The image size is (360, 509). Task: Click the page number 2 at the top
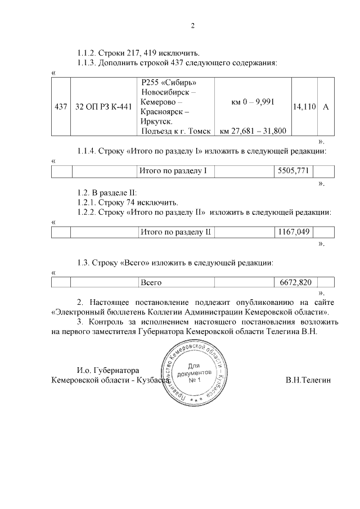pyautogui.click(x=192, y=26)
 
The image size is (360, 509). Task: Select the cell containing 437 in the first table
pyautogui.click(x=60, y=107)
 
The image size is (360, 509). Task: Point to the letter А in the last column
pyautogui.click(x=326, y=107)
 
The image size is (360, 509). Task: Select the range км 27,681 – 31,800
pyautogui.click(x=253, y=131)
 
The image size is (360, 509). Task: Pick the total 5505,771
pyautogui.click(x=294, y=170)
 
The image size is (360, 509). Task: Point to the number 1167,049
pyautogui.click(x=294, y=232)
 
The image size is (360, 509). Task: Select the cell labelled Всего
pyautogui.click(x=151, y=282)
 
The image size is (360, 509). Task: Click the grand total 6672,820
pyautogui.click(x=295, y=282)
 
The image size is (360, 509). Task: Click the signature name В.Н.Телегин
pyautogui.click(x=308, y=381)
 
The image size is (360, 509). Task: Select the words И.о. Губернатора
pyautogui.click(x=107, y=371)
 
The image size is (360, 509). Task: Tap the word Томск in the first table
pyautogui.click(x=199, y=131)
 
